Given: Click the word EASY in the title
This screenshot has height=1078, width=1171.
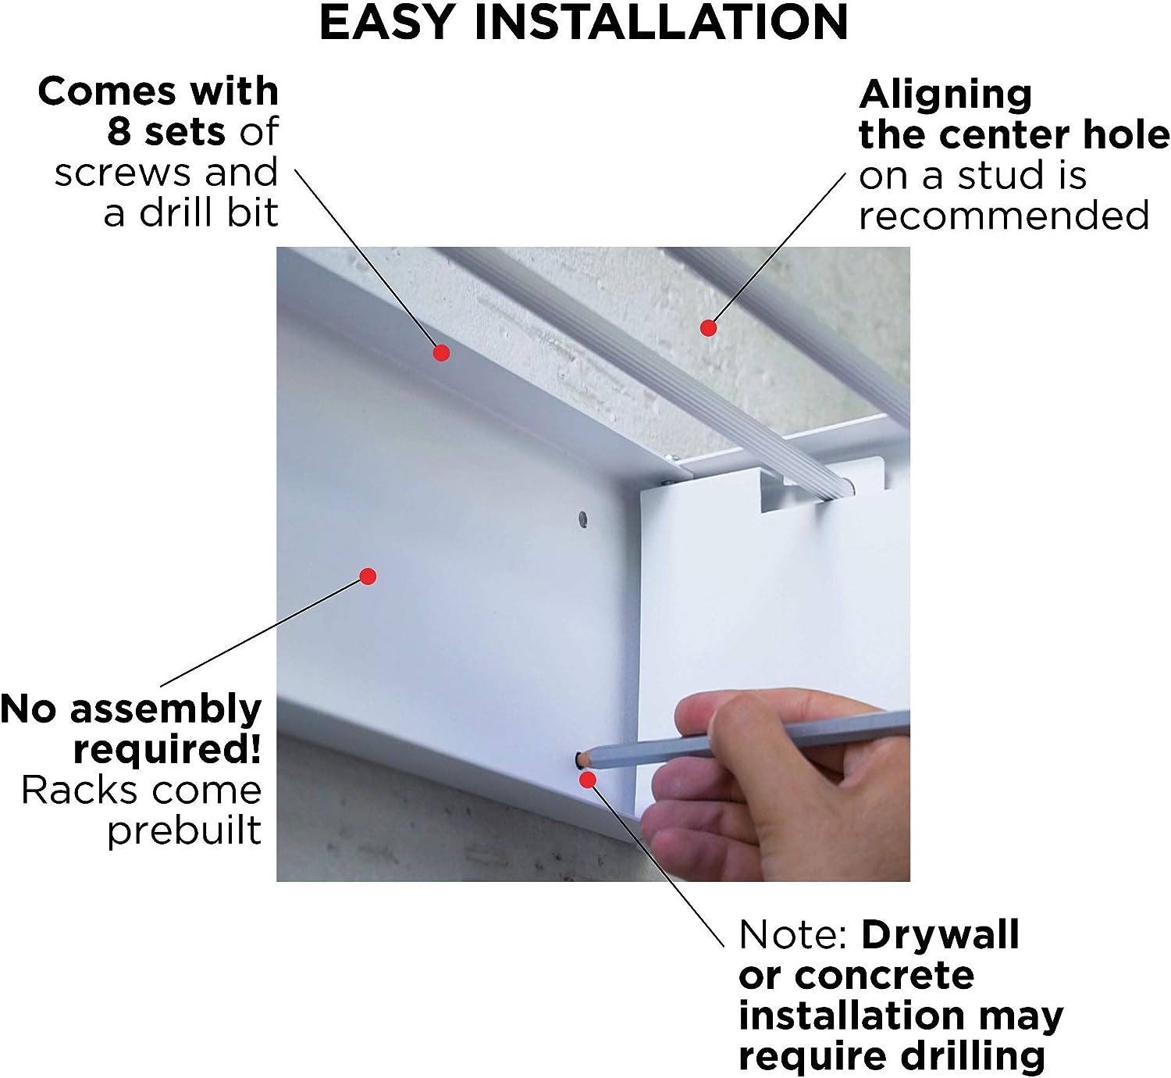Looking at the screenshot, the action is (x=388, y=22).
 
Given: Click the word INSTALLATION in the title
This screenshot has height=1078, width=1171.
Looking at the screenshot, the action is (x=661, y=22).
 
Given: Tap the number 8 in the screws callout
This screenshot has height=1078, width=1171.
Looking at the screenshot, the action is (x=119, y=131).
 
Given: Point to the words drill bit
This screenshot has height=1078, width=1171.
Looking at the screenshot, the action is (x=208, y=213).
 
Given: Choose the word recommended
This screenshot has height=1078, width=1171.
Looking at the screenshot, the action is (x=1004, y=216).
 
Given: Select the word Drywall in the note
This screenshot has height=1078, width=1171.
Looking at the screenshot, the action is (x=940, y=934).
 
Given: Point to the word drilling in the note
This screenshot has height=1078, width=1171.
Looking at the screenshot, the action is (x=973, y=1057).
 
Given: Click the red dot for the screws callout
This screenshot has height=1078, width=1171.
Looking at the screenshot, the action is (x=441, y=353).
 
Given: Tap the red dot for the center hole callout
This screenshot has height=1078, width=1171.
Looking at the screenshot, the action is (x=708, y=328).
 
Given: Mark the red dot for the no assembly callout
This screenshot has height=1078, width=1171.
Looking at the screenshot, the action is (x=368, y=576).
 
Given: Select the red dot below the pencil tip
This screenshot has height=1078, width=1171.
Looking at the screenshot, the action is (x=587, y=780).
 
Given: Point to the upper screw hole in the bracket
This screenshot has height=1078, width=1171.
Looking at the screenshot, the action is (x=582, y=519).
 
